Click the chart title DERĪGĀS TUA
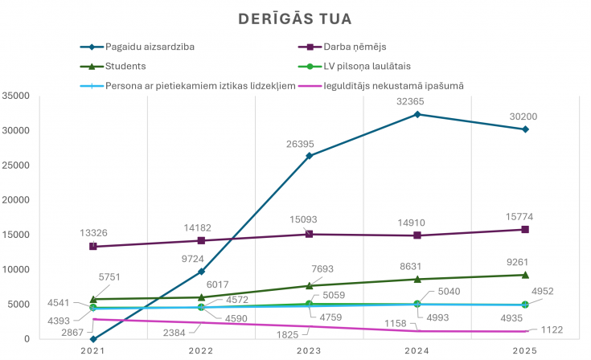pos(295,18)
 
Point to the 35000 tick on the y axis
pos(16,96)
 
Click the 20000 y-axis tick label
pos(16,200)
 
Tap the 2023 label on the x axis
pos(309,351)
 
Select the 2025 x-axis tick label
pos(525,351)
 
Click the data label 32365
pos(410,101)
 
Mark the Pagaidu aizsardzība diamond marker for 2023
pos(309,156)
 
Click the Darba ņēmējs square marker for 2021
pos(93,246)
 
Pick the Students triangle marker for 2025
pos(525,275)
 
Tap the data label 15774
pos(519,217)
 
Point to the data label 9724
pos(193,259)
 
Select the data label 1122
pos(552,330)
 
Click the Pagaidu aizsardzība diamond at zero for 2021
pos(93,339)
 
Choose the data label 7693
pos(322,269)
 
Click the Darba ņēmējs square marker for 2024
pos(417,235)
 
